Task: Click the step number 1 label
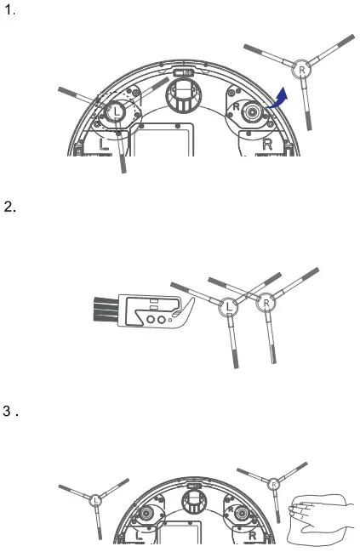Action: coord(9,10)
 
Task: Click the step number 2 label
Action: coord(10,207)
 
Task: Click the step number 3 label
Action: coord(10,411)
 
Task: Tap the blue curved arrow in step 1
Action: coord(278,99)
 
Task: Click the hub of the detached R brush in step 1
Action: coord(301,70)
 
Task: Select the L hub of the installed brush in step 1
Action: coord(117,112)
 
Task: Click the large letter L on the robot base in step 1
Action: coord(103,145)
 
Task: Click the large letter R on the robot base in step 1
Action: coord(268,145)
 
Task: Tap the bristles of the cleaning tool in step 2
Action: coord(106,309)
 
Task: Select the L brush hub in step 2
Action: coord(229,307)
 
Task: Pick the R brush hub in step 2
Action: coord(266,303)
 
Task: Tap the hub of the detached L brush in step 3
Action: coord(96,500)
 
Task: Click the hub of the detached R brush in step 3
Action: coord(274,485)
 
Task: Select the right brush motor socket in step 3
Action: coord(242,514)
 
